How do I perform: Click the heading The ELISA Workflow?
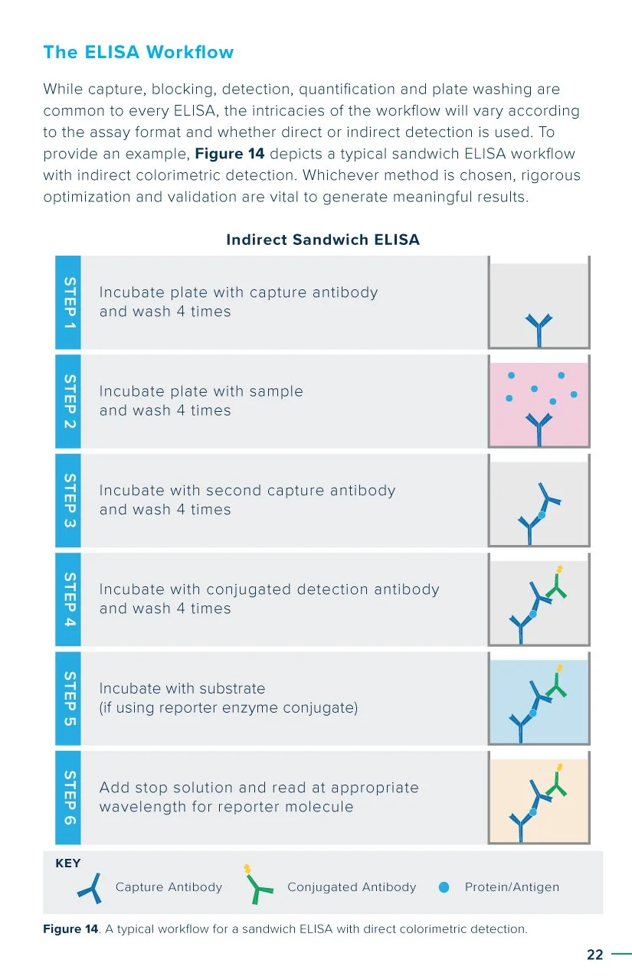(138, 53)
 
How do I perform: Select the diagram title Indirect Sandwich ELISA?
(323, 240)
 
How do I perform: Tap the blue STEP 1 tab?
(68, 302)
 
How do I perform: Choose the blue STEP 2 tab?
(68, 401)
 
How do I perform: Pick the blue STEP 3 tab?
(68, 500)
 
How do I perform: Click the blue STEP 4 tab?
(68, 599)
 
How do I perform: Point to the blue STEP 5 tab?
(68, 697)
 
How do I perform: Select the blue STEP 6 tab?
(68, 796)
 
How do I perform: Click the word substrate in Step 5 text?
(231, 688)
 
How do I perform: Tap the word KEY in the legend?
(68, 863)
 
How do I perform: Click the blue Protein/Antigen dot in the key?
(444, 887)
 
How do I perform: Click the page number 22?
(594, 955)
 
